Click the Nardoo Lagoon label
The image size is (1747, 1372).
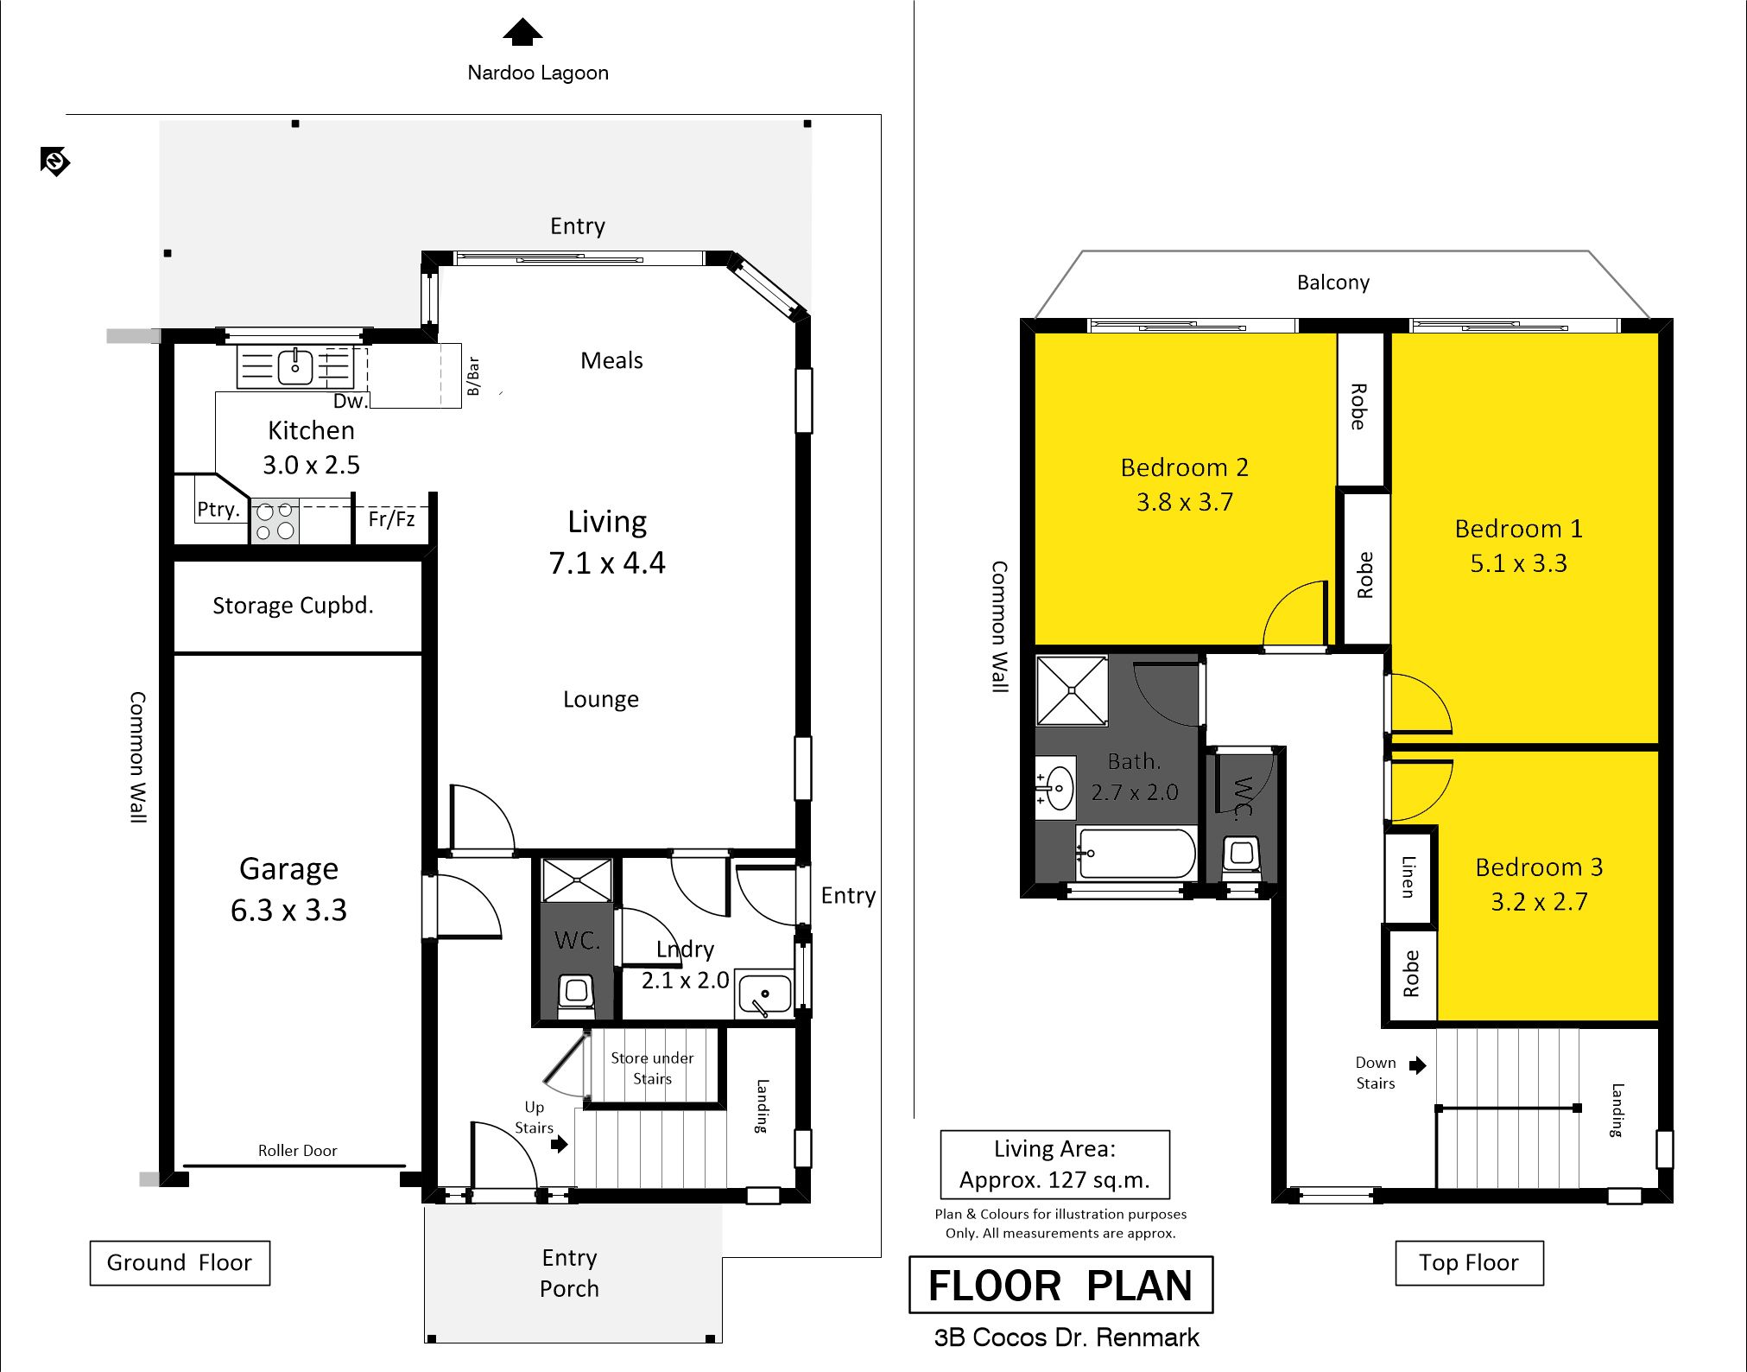tap(538, 73)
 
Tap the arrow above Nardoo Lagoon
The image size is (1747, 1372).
tap(522, 32)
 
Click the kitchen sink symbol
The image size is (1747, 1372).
tap(295, 366)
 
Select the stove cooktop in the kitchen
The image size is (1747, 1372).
tap(275, 521)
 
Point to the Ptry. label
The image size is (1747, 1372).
tap(218, 510)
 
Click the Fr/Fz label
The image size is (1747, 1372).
tap(391, 519)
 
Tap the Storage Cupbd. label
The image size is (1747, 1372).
tap(293, 606)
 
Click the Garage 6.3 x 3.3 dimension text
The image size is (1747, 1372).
tap(288, 910)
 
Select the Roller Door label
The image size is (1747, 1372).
tap(297, 1151)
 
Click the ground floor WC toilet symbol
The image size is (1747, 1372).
tap(577, 994)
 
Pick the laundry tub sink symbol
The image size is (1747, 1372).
tap(764, 994)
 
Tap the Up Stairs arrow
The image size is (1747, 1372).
tap(560, 1144)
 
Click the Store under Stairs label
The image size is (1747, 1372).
tap(652, 1068)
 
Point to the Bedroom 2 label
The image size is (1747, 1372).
tap(1184, 467)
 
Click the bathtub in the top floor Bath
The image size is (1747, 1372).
tap(1136, 854)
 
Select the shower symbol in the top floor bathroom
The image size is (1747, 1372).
tap(1072, 690)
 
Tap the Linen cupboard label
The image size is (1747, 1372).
tap(1408, 876)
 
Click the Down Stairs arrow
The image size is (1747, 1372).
tap(1417, 1065)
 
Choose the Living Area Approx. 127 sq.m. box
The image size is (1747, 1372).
tap(1054, 1165)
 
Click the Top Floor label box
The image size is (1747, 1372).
tap(1469, 1263)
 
